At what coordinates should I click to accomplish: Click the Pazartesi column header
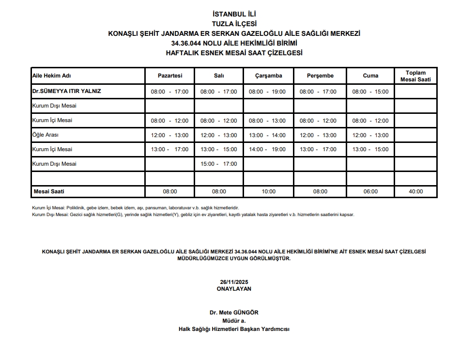click(x=169, y=76)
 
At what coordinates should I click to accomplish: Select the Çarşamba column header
click(x=268, y=76)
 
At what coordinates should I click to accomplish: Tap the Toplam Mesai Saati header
click(x=416, y=76)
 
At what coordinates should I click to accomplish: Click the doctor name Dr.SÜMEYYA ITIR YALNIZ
click(x=66, y=91)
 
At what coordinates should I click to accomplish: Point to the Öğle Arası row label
click(x=45, y=135)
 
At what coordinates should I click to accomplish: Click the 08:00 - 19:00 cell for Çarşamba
click(x=268, y=92)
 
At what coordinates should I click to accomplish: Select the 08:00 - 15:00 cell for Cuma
click(x=370, y=92)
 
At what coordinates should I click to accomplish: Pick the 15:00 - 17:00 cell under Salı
click(x=219, y=164)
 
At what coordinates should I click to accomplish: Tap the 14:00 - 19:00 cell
click(x=268, y=149)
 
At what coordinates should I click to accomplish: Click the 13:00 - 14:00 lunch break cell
click(x=268, y=135)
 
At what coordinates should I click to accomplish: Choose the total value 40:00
click(x=415, y=191)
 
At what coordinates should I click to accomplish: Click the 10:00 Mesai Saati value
click(x=268, y=191)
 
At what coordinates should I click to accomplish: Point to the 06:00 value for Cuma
click(x=370, y=191)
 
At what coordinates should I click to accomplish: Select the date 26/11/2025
click(x=234, y=282)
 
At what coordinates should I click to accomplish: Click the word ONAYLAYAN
click(x=234, y=288)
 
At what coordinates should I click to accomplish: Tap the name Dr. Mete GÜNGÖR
click(x=234, y=313)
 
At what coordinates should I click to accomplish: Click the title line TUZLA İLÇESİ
click(x=234, y=24)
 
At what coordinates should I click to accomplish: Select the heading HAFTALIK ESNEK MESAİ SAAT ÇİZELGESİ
click(x=234, y=53)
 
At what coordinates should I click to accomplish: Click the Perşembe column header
click(x=320, y=76)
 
